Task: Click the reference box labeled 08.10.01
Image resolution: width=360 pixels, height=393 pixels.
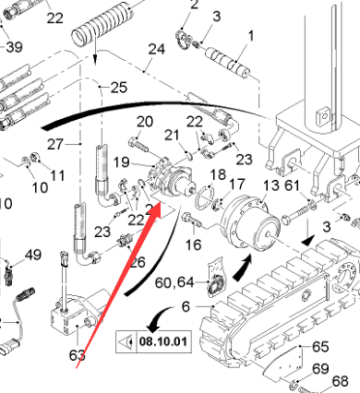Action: (153, 341)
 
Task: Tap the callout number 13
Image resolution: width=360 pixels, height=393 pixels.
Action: (271, 185)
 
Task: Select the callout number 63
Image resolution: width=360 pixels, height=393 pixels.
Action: (78, 355)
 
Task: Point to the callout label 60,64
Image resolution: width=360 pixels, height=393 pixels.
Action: (174, 282)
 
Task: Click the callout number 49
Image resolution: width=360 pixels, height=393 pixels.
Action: (33, 255)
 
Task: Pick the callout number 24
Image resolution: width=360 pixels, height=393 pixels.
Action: (157, 49)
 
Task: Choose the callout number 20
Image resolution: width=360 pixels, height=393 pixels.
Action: (145, 122)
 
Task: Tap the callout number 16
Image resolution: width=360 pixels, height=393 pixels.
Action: (194, 244)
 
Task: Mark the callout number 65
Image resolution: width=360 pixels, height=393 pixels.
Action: (320, 347)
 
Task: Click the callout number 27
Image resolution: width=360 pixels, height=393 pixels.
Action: (55, 144)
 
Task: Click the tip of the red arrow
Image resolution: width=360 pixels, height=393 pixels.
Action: (161, 203)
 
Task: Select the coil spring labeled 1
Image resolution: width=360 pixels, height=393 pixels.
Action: (227, 63)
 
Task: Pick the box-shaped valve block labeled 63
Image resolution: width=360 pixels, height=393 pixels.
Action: (78, 316)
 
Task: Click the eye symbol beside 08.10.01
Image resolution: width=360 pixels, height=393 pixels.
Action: (126, 341)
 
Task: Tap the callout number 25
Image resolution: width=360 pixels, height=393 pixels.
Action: (119, 88)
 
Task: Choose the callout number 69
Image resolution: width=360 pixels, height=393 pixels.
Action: (321, 368)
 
